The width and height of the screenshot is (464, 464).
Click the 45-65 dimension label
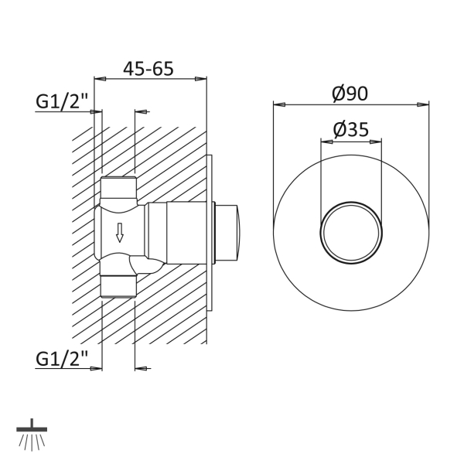pos(148,69)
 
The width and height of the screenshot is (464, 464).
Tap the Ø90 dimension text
pos(350,94)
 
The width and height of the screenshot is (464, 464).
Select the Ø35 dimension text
pos(351,130)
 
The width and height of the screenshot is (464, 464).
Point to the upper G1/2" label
pos(62,101)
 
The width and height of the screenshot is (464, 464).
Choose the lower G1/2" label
pos(62,359)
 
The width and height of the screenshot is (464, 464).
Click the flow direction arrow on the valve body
pos(120,233)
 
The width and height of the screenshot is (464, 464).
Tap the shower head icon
pos(32,435)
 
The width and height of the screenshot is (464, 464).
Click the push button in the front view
pos(351,233)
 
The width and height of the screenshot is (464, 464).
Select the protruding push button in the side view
pos(227,233)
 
